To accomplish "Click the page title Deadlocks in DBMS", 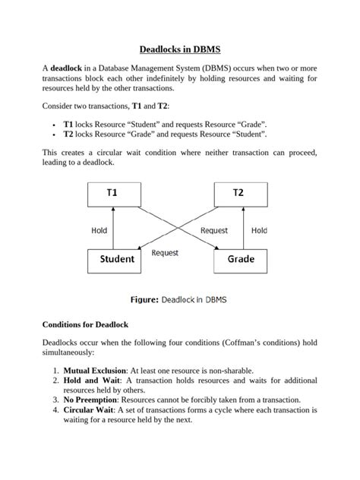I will coord(179,49).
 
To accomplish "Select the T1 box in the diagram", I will coord(112,193).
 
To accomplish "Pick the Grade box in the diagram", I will coord(242,260).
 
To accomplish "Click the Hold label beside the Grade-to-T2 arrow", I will coord(260,229).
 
